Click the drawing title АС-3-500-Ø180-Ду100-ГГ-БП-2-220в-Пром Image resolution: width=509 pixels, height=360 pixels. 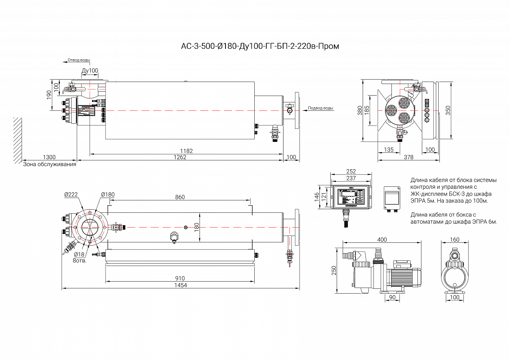tap(260, 46)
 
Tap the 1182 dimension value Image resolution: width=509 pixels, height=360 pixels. tap(186, 151)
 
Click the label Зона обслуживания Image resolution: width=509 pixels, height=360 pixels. tap(50, 164)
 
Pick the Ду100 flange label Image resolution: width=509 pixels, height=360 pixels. tap(90, 71)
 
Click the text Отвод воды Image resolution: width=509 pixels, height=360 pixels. tap(79, 60)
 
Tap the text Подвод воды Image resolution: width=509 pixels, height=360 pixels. tap(320, 108)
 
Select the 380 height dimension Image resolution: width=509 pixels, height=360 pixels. tap(360, 110)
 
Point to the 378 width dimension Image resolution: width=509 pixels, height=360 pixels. tap(408, 157)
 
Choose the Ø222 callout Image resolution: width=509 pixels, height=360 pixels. tap(71, 195)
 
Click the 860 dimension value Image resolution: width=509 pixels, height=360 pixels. tap(180, 197)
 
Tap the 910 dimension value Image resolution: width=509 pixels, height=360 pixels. tap(180, 278)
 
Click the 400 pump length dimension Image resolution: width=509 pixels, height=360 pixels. tap(382, 240)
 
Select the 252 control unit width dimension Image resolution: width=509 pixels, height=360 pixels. tap(351, 172)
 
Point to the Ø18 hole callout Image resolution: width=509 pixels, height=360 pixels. tap(79, 254)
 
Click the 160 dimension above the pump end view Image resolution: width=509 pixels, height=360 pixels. tap(455, 240)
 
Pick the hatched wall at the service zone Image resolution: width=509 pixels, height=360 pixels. tap(17, 140)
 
